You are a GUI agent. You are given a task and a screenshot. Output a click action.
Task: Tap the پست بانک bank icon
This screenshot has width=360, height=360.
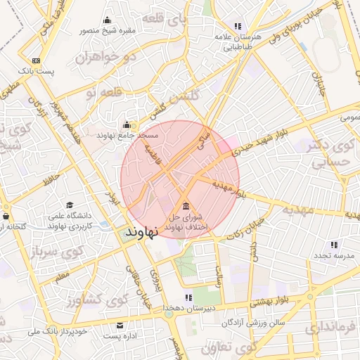point(36,61)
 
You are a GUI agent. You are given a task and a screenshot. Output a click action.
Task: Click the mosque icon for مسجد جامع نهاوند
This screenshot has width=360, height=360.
point(127,124)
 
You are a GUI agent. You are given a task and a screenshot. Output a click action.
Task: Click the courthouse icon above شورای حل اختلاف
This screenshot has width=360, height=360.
point(186,206)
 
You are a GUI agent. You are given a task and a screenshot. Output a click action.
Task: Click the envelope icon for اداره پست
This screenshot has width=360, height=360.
point(119,326)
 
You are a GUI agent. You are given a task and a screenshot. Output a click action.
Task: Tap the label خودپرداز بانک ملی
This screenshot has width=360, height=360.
point(58,330)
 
